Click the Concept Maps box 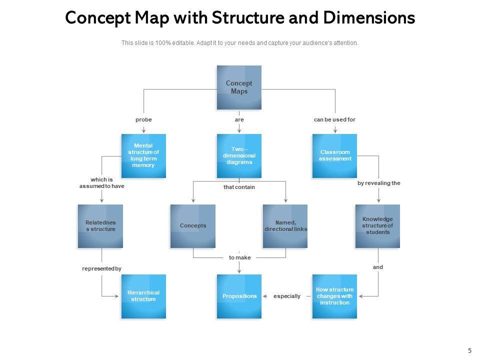(x=239, y=87)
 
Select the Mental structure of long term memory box (x=143, y=156)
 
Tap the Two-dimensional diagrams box (x=239, y=156)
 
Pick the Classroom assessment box (x=335, y=156)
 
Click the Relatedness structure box (x=100, y=226)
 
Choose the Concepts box (x=193, y=226)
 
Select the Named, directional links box (x=285, y=226)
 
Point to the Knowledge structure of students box (x=377, y=226)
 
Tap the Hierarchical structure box (x=143, y=296)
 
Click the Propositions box (x=239, y=296)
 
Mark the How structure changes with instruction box (x=335, y=296)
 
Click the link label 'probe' (x=143, y=120)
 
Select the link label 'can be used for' (x=334, y=120)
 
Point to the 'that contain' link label (x=239, y=187)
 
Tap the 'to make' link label (x=239, y=257)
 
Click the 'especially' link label (x=287, y=296)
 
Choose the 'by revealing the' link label (x=378, y=183)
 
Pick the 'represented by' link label (x=101, y=268)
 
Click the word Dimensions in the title (x=369, y=18)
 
